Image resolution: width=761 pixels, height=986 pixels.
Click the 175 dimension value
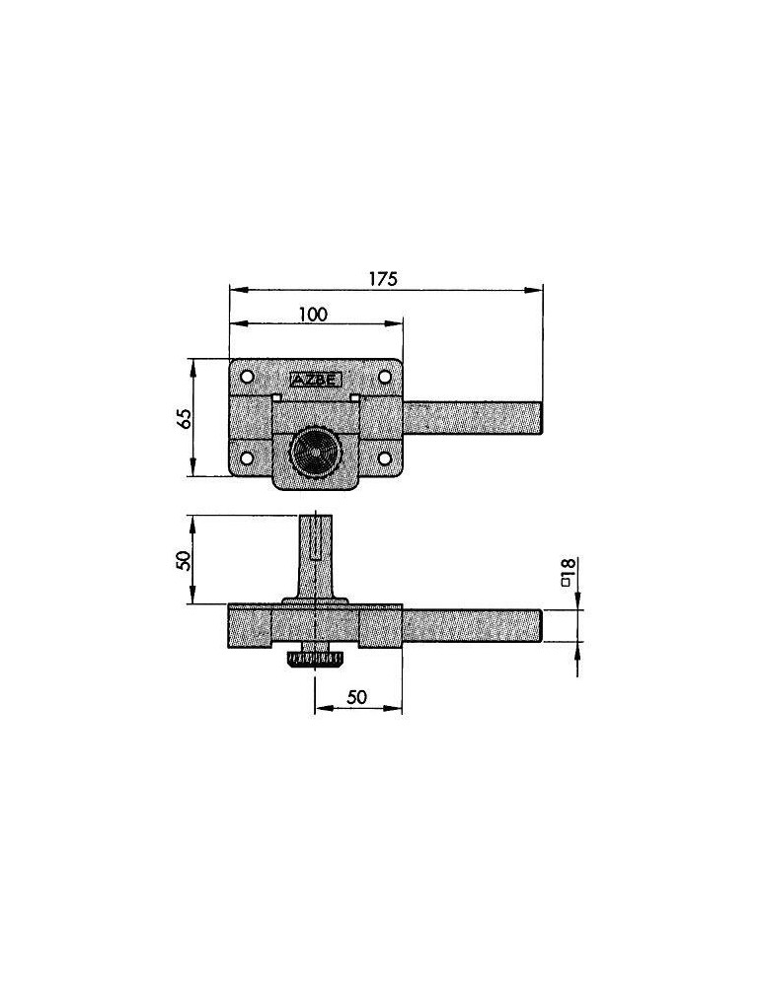click(383, 279)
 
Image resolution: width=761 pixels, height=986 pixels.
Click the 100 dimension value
click(313, 314)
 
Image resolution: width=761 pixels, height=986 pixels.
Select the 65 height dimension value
click(184, 417)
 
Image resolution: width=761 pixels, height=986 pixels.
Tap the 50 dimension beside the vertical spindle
click(184, 560)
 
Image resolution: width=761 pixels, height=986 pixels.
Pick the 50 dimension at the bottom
click(356, 697)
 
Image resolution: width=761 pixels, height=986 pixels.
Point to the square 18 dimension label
click(566, 572)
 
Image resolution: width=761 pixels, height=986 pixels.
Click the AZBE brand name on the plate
click(315, 379)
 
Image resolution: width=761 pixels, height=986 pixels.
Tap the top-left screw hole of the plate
click(247, 377)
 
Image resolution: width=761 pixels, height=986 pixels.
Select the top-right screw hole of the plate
click(385, 377)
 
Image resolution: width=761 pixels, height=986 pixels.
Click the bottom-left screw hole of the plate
click(247, 458)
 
